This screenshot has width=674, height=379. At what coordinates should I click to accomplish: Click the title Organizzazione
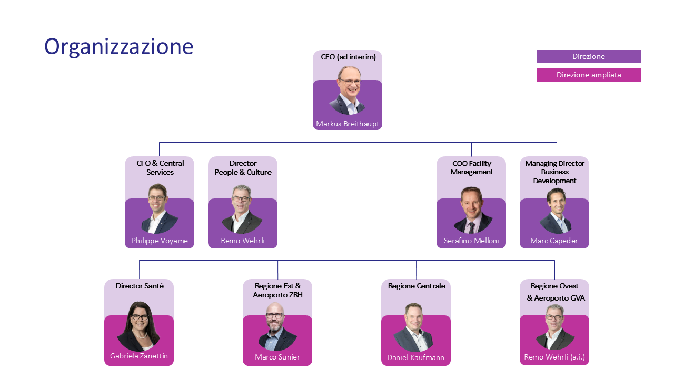point(118,47)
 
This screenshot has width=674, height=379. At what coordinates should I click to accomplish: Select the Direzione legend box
point(589,56)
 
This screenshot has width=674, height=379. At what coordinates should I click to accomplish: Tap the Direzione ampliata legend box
point(589,75)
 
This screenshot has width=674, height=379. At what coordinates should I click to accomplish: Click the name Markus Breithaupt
point(348,124)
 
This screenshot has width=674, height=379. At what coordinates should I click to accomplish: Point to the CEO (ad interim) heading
point(348,57)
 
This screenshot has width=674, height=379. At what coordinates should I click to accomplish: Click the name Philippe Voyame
point(160,241)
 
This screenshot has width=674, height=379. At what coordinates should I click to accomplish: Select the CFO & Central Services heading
point(160,167)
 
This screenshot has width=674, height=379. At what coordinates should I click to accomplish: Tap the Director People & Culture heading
point(243,167)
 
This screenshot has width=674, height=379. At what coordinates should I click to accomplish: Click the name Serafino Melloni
point(471,241)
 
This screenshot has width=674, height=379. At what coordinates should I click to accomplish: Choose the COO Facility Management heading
point(471,167)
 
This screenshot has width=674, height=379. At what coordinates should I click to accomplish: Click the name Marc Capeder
point(554,241)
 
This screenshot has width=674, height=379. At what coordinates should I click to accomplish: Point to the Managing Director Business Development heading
point(554,172)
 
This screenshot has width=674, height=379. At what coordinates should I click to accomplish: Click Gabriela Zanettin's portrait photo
point(138,326)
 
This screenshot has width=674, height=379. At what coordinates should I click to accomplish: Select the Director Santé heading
point(140,286)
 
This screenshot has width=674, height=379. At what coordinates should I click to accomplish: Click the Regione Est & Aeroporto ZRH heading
point(277,290)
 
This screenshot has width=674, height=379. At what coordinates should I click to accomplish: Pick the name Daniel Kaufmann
point(415,357)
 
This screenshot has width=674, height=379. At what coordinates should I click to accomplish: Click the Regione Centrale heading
point(417,286)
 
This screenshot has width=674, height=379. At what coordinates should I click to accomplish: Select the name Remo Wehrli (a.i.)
point(554,357)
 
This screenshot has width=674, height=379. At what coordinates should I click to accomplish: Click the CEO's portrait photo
point(348,91)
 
